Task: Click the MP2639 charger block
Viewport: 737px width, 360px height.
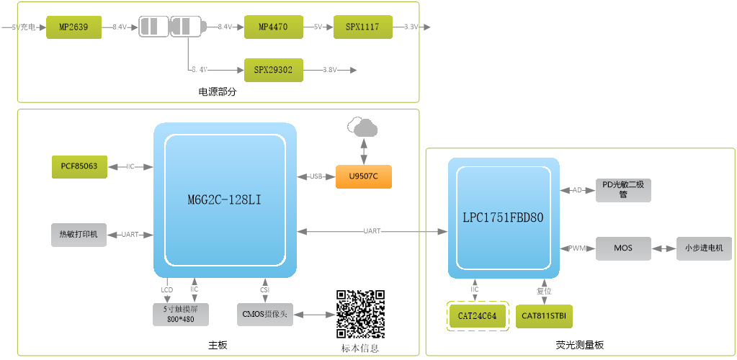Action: click(73, 27)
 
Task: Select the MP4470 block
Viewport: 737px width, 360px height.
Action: click(273, 27)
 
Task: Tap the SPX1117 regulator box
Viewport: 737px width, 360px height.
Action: click(363, 27)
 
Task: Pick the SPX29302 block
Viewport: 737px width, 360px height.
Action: click(273, 71)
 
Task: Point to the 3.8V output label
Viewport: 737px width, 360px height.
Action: click(330, 71)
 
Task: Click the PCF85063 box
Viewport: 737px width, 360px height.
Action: click(79, 166)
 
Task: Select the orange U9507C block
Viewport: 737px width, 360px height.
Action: click(364, 176)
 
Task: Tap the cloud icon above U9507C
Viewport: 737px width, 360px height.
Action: click(363, 128)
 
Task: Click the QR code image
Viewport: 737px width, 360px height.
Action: click(360, 314)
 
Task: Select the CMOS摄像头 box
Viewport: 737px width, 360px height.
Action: click(265, 315)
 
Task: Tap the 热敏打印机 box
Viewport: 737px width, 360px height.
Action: click(79, 234)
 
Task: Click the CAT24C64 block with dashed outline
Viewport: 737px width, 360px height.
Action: click(478, 315)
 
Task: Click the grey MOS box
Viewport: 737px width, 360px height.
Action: click(623, 248)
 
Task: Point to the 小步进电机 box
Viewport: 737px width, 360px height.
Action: click(705, 248)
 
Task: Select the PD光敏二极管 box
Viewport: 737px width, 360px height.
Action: click(623, 190)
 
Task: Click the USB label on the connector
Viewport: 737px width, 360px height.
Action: click(316, 176)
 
